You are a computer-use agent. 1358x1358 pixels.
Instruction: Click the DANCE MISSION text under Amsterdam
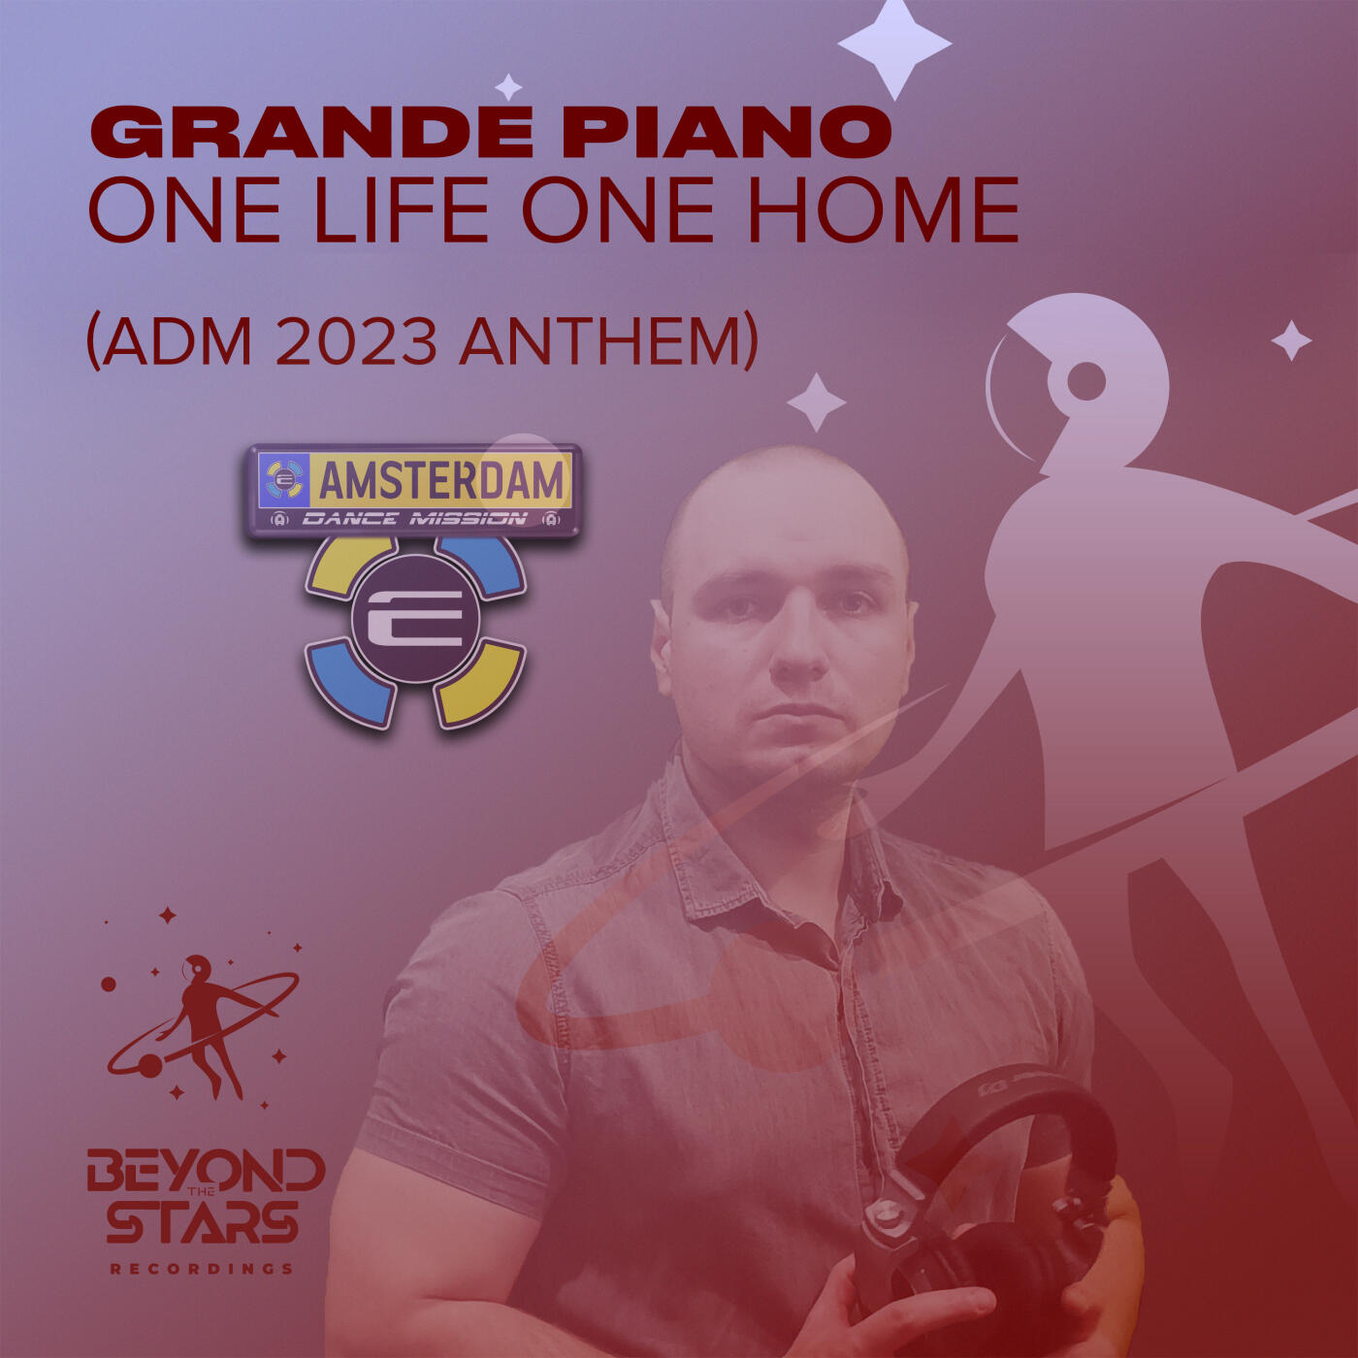tap(414, 519)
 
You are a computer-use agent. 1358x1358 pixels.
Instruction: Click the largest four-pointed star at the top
tap(894, 44)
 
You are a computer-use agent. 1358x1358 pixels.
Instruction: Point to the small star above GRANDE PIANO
tap(508, 86)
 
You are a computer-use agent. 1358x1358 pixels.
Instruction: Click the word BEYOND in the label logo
tap(206, 1171)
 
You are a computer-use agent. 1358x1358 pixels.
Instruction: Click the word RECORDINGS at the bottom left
tap(203, 1269)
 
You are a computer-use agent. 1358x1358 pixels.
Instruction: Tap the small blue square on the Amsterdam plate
tap(283, 480)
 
